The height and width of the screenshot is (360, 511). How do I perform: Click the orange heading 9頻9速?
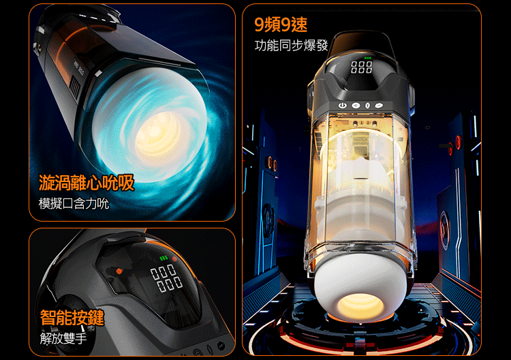pos(281,25)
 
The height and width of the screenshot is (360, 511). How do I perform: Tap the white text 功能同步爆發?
pos(291,45)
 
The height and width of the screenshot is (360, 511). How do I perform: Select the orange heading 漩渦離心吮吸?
pos(87,182)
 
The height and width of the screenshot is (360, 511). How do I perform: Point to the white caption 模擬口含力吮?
pos(74,203)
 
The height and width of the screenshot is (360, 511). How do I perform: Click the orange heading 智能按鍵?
pos(72,318)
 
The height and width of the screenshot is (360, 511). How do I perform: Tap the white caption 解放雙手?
pos(63,338)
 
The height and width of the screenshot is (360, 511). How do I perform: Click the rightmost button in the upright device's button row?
pos(379,105)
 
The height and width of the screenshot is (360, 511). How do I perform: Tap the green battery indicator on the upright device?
pos(368,58)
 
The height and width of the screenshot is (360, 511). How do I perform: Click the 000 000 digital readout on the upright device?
pos(361,67)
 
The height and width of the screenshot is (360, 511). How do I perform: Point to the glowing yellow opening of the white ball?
pos(360,307)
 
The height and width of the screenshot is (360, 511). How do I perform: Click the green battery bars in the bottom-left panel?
pos(164,258)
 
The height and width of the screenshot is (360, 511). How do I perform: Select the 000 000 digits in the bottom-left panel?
pos(166,277)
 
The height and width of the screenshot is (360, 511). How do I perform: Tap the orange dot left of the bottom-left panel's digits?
pos(119,271)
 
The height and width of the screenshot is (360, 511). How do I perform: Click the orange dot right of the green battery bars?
pos(174,259)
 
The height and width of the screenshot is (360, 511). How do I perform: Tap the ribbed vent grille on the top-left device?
pos(75,87)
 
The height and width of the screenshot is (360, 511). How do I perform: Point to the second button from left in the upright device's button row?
pos(356,105)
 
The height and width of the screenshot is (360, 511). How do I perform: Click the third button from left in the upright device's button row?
pos(368,105)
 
